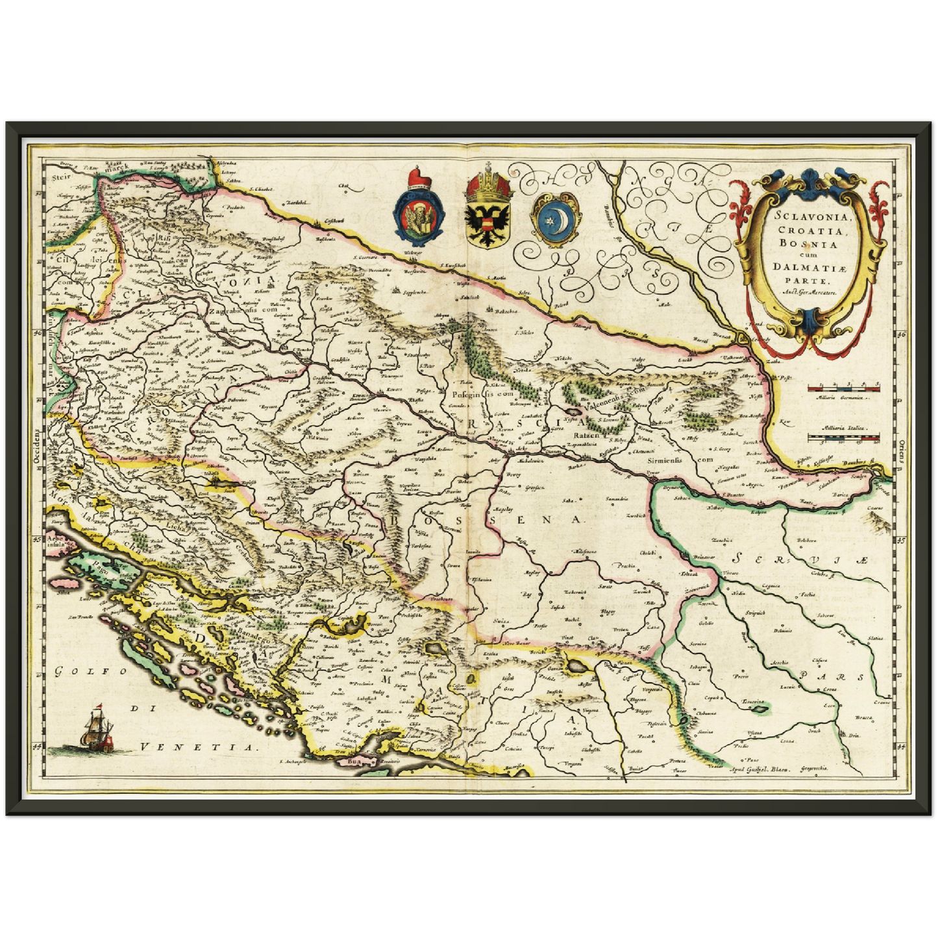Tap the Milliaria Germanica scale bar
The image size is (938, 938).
click(x=843, y=388)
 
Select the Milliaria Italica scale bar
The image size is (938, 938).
click(x=843, y=438)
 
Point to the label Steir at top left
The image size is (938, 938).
click(x=60, y=175)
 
